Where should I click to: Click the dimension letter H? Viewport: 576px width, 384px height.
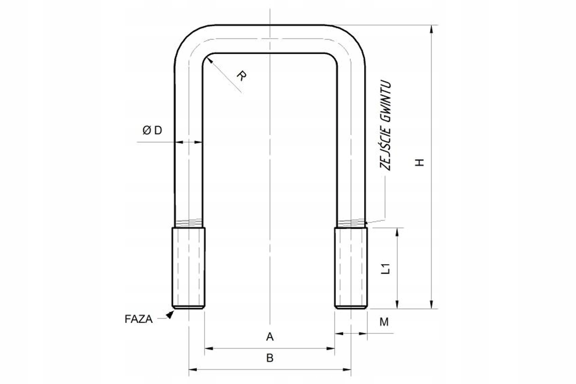coord(419,162)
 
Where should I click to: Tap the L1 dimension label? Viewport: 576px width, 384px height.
coord(385,268)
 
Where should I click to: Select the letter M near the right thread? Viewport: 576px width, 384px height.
coord(384,322)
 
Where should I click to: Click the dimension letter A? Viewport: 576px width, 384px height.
coord(270,337)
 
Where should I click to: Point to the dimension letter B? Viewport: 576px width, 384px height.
coord(270,358)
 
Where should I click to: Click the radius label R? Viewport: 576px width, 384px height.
coord(242,76)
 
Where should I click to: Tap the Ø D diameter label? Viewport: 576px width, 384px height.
coord(152,131)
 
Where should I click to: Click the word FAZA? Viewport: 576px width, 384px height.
coord(139,319)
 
